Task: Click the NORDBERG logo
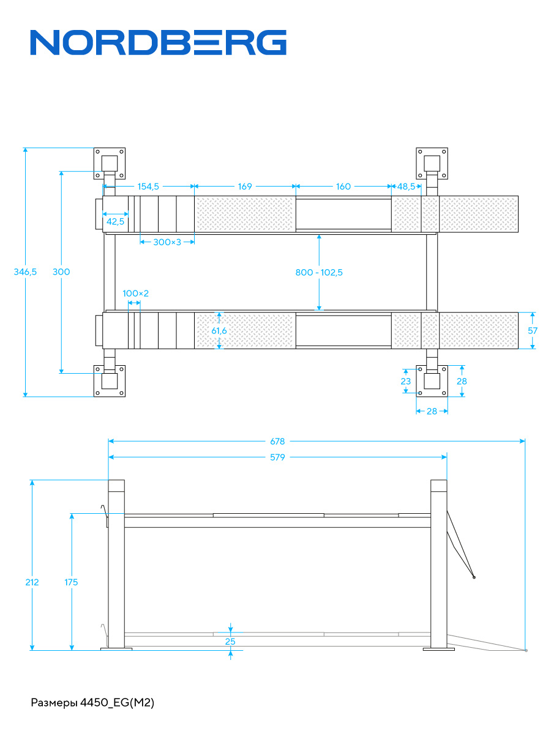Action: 158,42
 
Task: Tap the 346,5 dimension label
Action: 25,272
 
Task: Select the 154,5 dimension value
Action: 148,187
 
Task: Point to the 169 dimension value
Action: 245,187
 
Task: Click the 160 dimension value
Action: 343,187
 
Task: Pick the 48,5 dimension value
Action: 406,187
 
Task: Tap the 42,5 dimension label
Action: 116,221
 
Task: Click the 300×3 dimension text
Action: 167,242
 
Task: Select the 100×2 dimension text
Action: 135,293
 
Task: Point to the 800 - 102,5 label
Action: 319,272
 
